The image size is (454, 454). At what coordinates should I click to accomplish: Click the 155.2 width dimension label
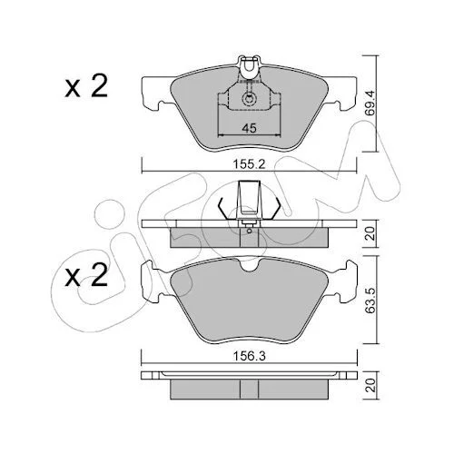tap(249, 164)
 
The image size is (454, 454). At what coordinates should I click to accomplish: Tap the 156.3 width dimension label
tap(249, 356)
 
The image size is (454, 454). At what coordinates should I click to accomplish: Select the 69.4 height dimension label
tap(370, 103)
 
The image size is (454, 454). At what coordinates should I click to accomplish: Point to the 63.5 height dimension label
tap(370, 300)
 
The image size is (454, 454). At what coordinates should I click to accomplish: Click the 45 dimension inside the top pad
tap(249, 128)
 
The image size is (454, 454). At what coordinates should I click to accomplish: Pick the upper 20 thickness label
tap(370, 233)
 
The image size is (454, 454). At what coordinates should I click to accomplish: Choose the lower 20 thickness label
tap(370, 385)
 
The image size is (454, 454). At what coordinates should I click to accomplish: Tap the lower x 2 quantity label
tap(86, 275)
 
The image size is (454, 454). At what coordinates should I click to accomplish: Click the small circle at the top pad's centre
tap(249, 99)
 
